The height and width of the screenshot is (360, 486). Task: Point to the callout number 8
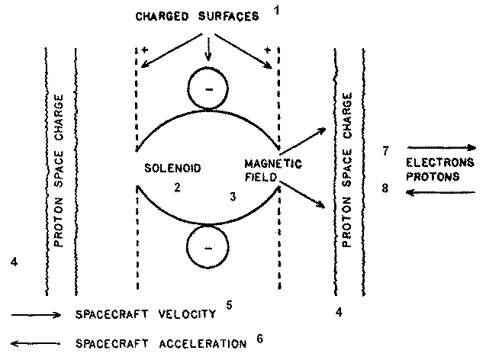pyautogui.click(x=387, y=188)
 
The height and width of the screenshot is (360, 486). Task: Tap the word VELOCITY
pyautogui.click(x=191, y=314)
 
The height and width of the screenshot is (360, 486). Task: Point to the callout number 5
pyautogui.click(x=229, y=306)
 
